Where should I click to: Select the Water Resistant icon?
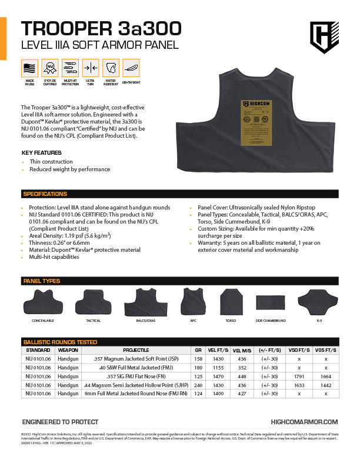pyautogui.click(x=111, y=68)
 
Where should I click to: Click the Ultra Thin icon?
pyautogui.click(x=90, y=68)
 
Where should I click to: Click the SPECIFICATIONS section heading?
pyautogui.click(x=45, y=194)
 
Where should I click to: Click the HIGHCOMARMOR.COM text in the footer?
pyautogui.click(x=304, y=422)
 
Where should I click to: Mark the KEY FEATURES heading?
pyautogui.click(x=41, y=153)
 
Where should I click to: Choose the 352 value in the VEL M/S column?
pyautogui.click(x=242, y=367)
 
